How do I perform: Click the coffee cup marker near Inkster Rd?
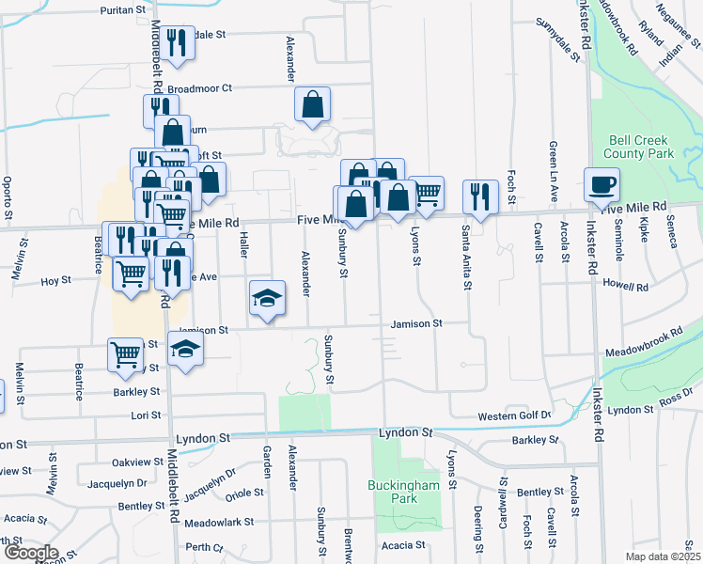(601, 185)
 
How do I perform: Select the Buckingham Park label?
(405, 492)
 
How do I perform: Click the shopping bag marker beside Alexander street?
(312, 105)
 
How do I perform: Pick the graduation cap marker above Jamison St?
(268, 299)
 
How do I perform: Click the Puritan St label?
(124, 11)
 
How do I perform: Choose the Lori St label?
(146, 415)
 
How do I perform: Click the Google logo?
(30, 553)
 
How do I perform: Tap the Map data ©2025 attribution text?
(664, 556)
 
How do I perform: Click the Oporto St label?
(7, 197)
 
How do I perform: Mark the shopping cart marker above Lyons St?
(427, 194)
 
